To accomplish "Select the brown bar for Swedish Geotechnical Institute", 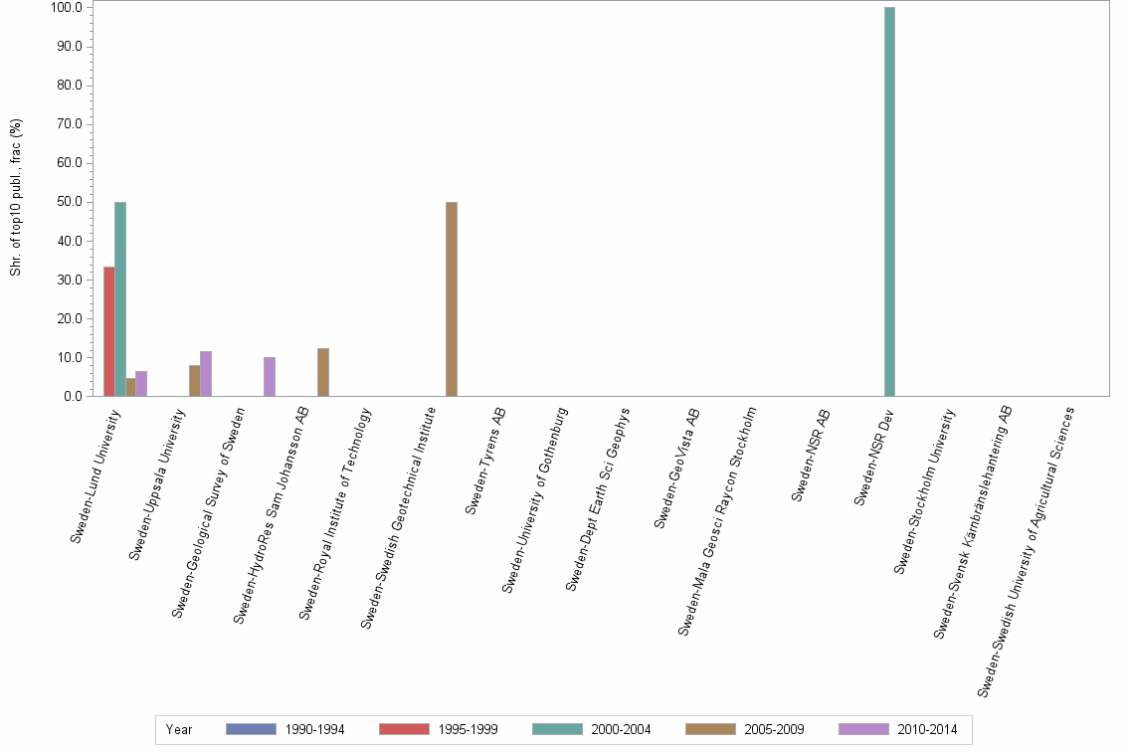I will [452, 299].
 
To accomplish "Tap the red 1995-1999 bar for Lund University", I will [109, 331].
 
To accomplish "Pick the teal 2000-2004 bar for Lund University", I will [120, 299].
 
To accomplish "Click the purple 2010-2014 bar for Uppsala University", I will [206, 374].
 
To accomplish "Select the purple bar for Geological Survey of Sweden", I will [270, 377].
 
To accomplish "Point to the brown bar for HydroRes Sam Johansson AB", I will [323, 372].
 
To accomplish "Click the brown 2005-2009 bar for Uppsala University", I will [195, 381].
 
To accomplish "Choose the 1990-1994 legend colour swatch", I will [251, 729].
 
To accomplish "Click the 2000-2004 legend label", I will [622, 730].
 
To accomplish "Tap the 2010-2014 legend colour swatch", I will [863, 729].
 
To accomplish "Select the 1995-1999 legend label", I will [469, 730].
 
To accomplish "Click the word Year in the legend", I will [179, 730].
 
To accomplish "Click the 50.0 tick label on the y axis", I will [67, 202].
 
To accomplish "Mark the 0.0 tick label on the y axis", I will [70, 397].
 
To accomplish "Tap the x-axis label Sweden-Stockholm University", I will [924, 490].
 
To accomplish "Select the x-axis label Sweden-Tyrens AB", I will [486, 460].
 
